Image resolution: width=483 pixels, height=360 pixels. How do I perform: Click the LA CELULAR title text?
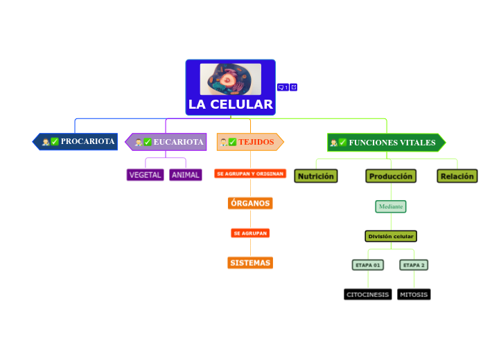click(230, 105)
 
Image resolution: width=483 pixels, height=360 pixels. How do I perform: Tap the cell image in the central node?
click(230, 79)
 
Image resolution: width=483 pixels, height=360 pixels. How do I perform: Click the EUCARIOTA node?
click(167, 142)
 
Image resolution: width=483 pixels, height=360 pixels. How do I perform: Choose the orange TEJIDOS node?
click(249, 142)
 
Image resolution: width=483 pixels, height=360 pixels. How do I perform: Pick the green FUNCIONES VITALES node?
click(385, 143)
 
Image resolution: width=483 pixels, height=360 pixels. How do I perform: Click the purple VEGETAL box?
click(145, 175)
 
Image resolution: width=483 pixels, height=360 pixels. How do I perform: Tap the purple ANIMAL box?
click(185, 175)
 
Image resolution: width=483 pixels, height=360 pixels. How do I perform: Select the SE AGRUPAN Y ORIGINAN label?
click(249, 174)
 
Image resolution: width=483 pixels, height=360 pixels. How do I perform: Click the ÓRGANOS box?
click(249, 203)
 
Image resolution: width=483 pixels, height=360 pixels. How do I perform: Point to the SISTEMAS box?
click(249, 263)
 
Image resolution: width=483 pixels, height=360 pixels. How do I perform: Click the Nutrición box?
click(315, 177)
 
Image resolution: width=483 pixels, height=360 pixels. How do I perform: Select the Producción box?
click(391, 177)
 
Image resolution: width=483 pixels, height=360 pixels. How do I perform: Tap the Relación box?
click(457, 177)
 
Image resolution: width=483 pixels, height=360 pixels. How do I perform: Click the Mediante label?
click(391, 206)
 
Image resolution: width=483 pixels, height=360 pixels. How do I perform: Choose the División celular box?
click(391, 236)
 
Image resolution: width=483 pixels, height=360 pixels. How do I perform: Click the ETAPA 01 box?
click(367, 265)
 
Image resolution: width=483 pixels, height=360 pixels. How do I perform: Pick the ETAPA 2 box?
click(414, 265)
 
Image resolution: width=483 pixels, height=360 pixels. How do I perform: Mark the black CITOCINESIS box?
click(367, 294)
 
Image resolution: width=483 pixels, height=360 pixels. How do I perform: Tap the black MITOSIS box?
click(414, 294)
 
